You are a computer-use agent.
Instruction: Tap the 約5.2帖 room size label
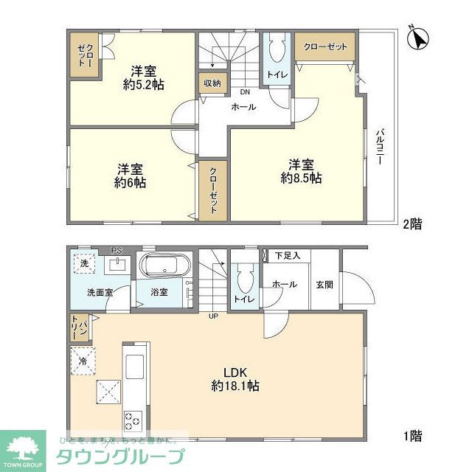[x=144, y=84]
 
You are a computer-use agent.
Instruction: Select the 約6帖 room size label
[x=129, y=182]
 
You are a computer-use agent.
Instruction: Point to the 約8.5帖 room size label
[x=301, y=178]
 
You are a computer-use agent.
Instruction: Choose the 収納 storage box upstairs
[x=212, y=83]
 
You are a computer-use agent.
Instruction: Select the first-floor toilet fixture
[x=244, y=280]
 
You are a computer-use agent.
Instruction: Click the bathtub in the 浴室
[x=165, y=265]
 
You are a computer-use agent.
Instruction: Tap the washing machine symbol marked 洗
[x=83, y=264]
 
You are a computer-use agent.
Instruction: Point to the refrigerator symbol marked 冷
[x=83, y=361]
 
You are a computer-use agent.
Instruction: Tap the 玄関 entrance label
[x=324, y=285]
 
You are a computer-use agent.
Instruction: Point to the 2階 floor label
[x=413, y=224]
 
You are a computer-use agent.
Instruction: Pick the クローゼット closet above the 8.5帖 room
[x=324, y=46]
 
